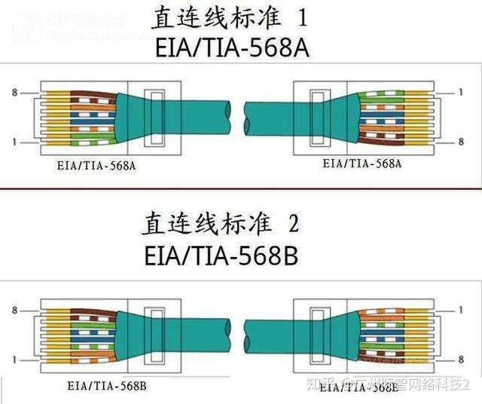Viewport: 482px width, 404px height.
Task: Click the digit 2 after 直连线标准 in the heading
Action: click(x=294, y=225)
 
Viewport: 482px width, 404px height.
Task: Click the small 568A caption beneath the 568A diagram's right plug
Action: click(x=361, y=163)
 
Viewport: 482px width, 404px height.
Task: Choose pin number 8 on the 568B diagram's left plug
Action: click(x=14, y=310)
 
